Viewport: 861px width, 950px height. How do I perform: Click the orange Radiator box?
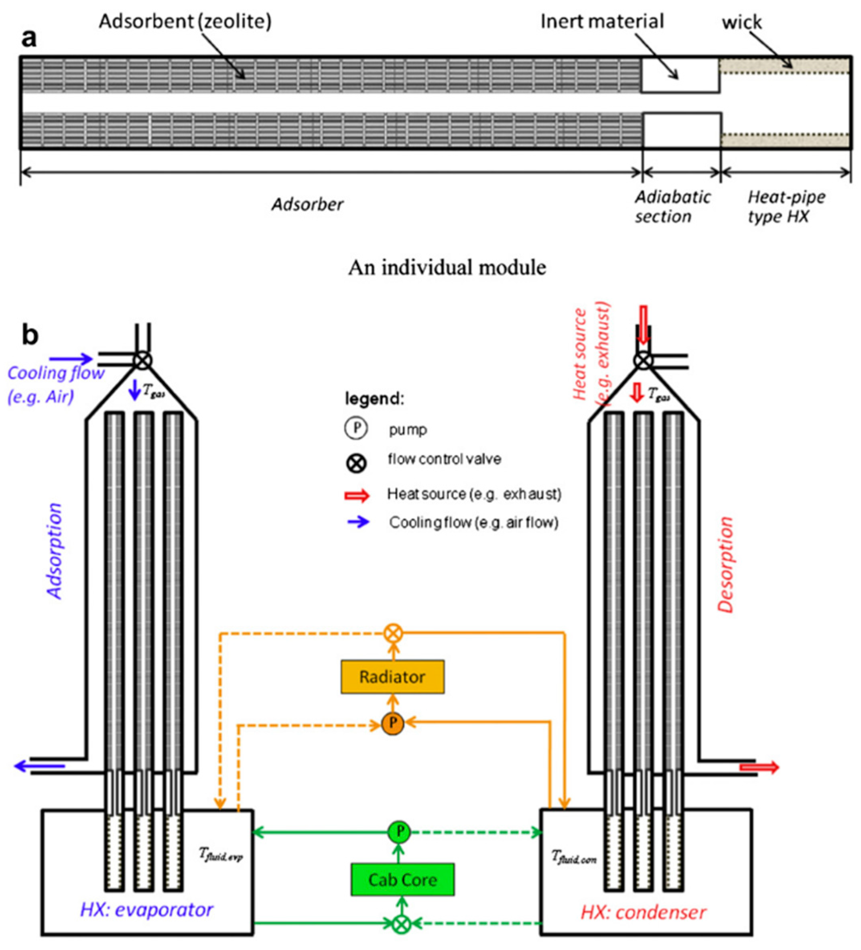coord(392,677)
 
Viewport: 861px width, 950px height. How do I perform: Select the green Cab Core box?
coord(402,879)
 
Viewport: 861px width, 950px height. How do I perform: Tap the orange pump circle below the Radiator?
coord(392,723)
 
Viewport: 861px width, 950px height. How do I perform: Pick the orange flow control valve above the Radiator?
coord(392,633)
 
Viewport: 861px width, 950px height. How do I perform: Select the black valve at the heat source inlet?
coord(642,361)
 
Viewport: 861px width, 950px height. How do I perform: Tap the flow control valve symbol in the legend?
coord(357,464)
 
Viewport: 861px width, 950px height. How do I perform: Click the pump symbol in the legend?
coord(357,428)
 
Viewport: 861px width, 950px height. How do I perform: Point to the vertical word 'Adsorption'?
coord(55,551)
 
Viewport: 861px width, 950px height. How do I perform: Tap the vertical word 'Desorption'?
coord(725,565)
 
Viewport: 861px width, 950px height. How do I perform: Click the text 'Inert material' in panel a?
coord(602,22)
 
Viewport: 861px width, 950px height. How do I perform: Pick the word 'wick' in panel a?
coord(742,22)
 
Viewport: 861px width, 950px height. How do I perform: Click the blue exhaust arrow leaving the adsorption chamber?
coord(40,766)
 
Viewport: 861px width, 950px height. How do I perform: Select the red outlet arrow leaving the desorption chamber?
coord(759,768)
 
